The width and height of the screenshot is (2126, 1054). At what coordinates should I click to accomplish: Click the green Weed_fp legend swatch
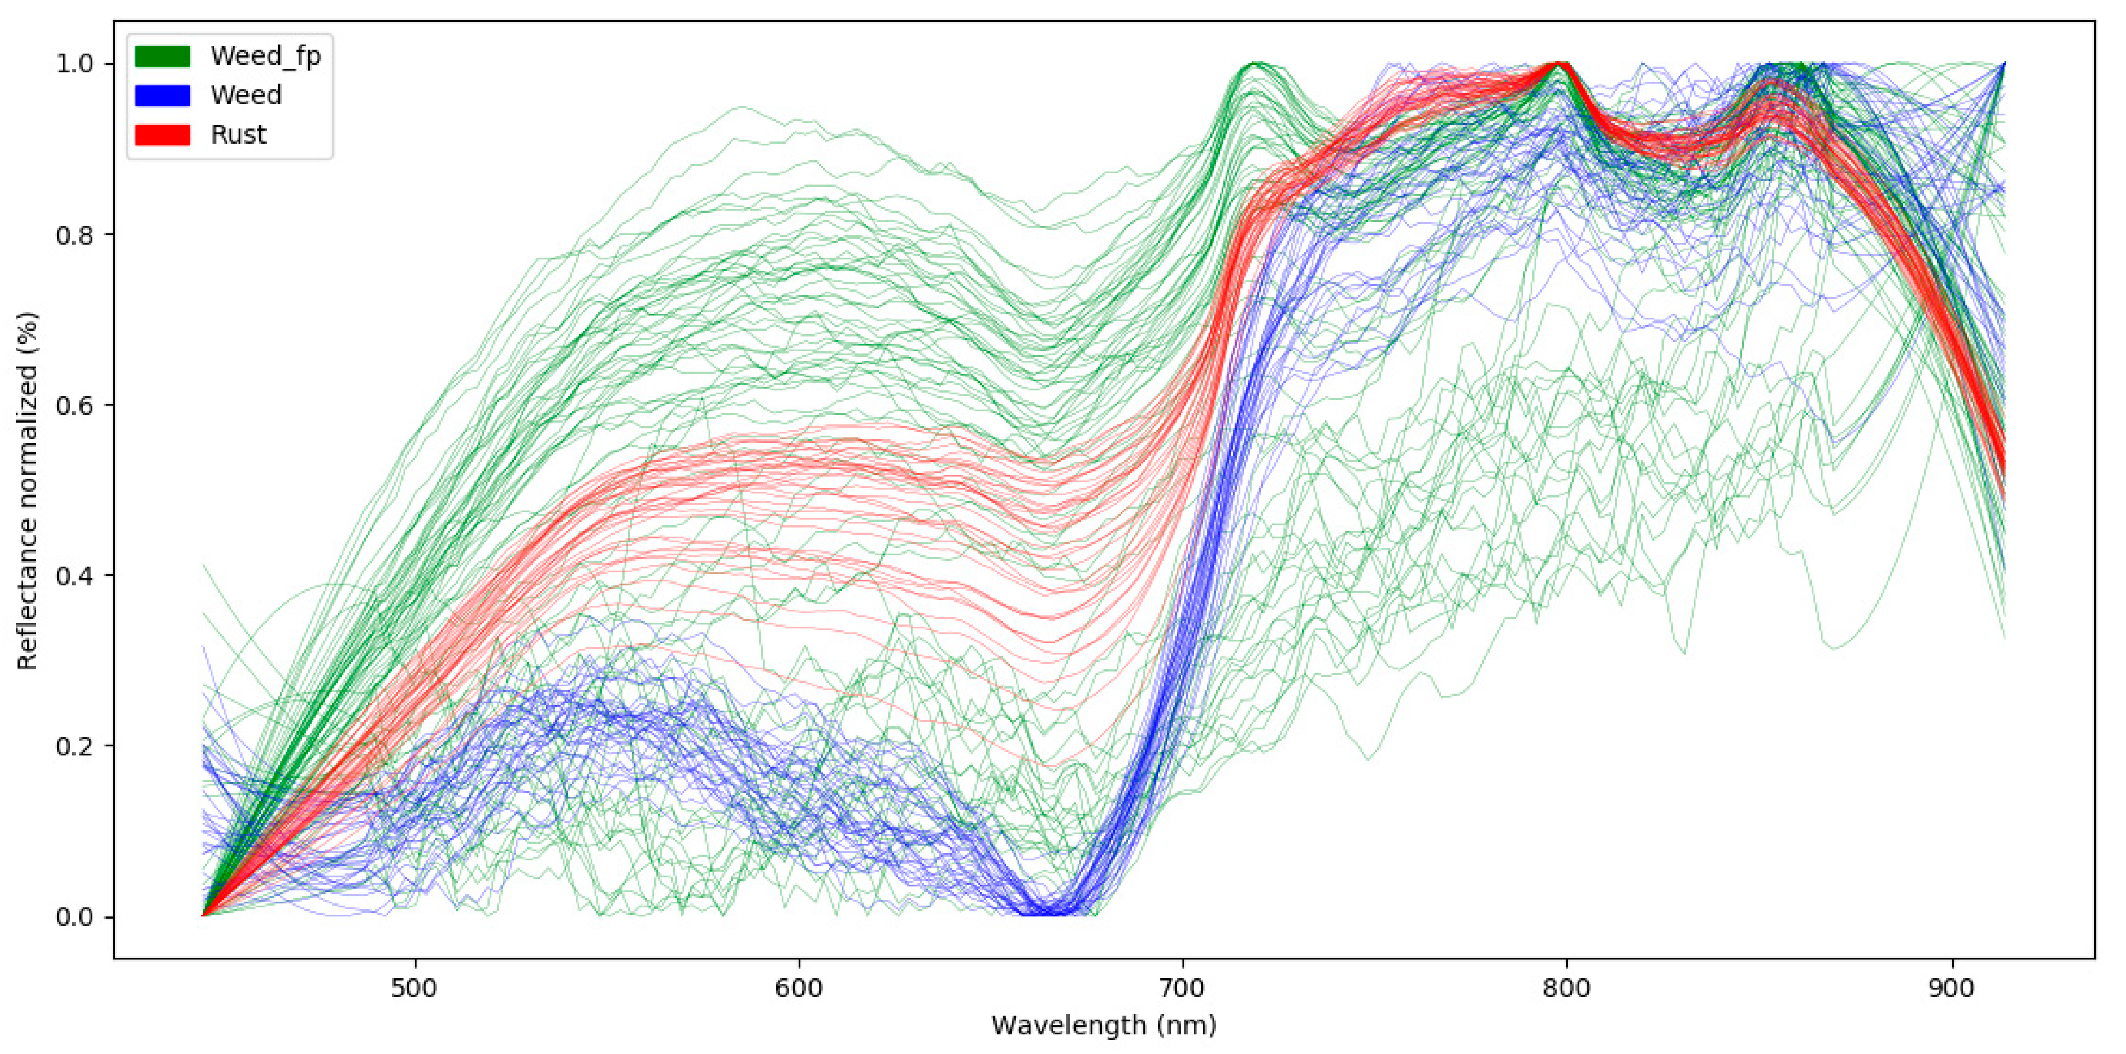163,56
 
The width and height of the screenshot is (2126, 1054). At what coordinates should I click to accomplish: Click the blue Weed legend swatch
163,96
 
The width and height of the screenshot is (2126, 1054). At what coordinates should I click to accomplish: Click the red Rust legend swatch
163,134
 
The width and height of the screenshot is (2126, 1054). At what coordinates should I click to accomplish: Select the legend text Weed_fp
265,56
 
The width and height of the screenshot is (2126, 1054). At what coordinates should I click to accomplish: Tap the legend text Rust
238,134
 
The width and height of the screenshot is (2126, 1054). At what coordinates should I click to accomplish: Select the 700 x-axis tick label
1183,988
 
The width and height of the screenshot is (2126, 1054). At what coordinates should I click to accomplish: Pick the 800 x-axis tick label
1566,988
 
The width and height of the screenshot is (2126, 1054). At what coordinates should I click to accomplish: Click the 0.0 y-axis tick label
75,917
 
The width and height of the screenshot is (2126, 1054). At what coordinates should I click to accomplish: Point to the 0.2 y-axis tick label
75,746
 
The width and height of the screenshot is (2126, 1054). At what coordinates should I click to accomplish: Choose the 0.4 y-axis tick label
75,575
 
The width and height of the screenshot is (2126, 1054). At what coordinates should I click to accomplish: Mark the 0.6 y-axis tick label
75,405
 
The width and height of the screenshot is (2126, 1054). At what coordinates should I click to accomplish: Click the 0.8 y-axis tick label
75,234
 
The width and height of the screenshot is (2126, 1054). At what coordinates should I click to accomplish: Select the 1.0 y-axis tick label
75,64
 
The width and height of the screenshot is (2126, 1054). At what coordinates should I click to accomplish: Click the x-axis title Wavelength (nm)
1103,1025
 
